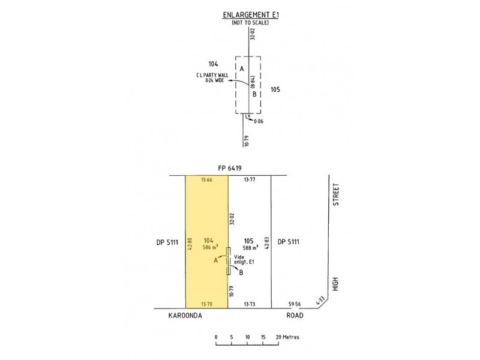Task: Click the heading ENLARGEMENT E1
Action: tap(251, 14)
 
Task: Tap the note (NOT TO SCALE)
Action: tap(250, 23)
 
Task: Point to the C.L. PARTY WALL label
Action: tap(212, 76)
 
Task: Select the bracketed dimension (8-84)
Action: tap(253, 82)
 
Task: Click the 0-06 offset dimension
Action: tap(259, 121)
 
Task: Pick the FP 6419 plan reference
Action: tap(230, 168)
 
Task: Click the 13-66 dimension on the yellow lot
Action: tap(206, 180)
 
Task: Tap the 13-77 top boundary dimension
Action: tap(250, 179)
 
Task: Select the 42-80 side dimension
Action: tap(190, 244)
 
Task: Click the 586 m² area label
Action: tap(211, 247)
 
